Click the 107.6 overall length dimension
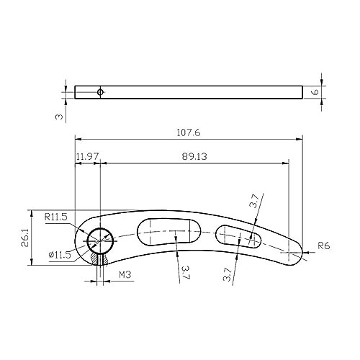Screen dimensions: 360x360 (189, 132)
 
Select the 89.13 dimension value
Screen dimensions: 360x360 (194, 157)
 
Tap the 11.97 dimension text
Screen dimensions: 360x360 (87, 157)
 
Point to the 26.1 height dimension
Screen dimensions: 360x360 (25, 238)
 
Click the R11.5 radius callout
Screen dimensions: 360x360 (56, 217)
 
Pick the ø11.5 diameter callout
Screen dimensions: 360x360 (60, 255)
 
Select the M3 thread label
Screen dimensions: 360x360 (125, 274)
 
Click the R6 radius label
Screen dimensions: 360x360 (324, 246)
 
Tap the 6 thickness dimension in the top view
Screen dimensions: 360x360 (316, 92)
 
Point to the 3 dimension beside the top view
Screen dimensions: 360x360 (59, 117)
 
